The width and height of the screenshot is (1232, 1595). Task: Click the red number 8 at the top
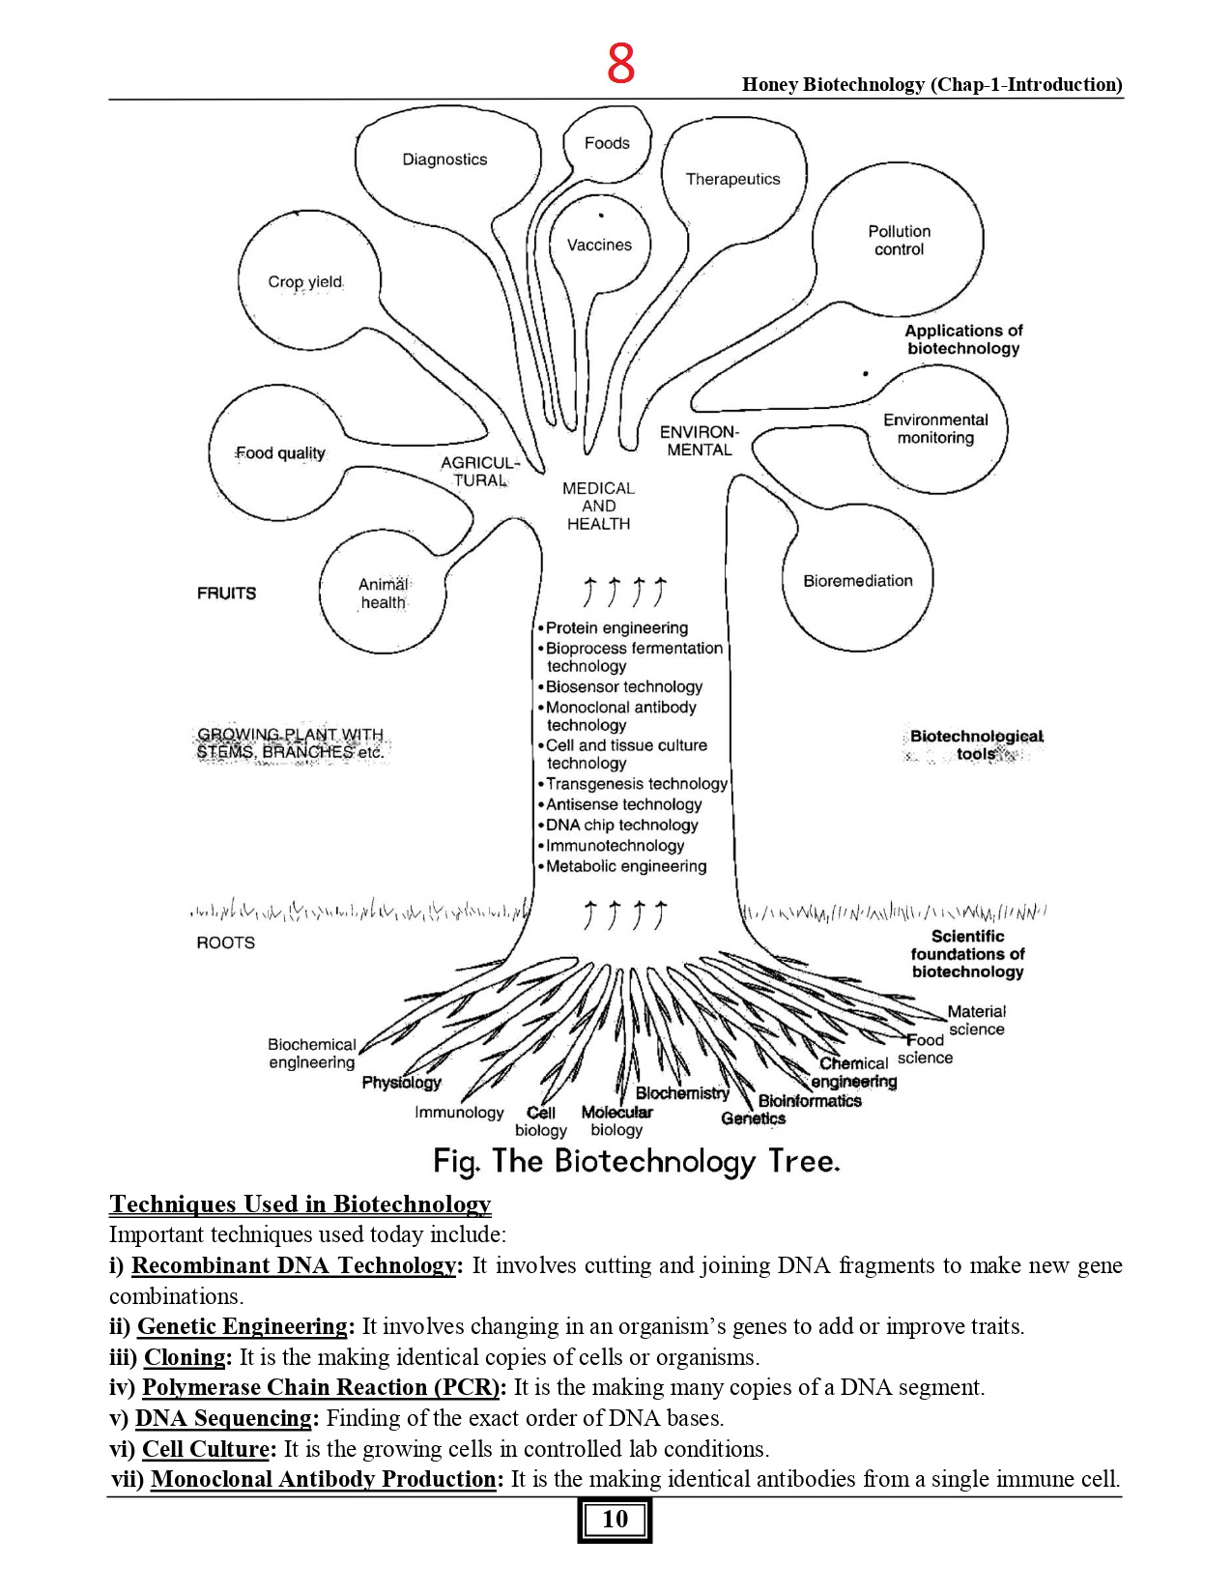[620, 64]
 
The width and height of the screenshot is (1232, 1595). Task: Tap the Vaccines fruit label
[599, 246]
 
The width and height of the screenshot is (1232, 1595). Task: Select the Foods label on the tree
[607, 143]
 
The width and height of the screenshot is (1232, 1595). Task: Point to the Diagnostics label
[444, 159]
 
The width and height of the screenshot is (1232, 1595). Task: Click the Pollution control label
[899, 240]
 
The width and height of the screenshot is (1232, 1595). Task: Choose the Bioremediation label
[858, 581]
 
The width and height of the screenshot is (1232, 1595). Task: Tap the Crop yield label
[305, 282]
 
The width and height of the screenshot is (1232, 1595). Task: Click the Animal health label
[384, 594]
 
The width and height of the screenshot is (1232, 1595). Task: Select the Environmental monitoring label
[935, 428]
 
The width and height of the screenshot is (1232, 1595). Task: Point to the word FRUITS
[227, 594]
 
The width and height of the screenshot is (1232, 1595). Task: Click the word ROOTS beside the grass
[226, 942]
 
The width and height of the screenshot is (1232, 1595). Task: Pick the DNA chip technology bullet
[621, 826]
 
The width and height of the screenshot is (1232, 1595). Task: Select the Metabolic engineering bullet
[626, 867]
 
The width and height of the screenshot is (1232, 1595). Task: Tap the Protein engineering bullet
[616, 628]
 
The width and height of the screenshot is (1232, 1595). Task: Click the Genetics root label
[753, 1118]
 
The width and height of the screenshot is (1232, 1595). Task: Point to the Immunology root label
[459, 1113]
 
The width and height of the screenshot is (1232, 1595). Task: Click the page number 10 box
[615, 1520]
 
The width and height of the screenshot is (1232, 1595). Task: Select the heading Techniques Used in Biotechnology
[301, 1204]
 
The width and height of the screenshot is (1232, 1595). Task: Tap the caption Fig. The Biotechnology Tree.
[637, 1161]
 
